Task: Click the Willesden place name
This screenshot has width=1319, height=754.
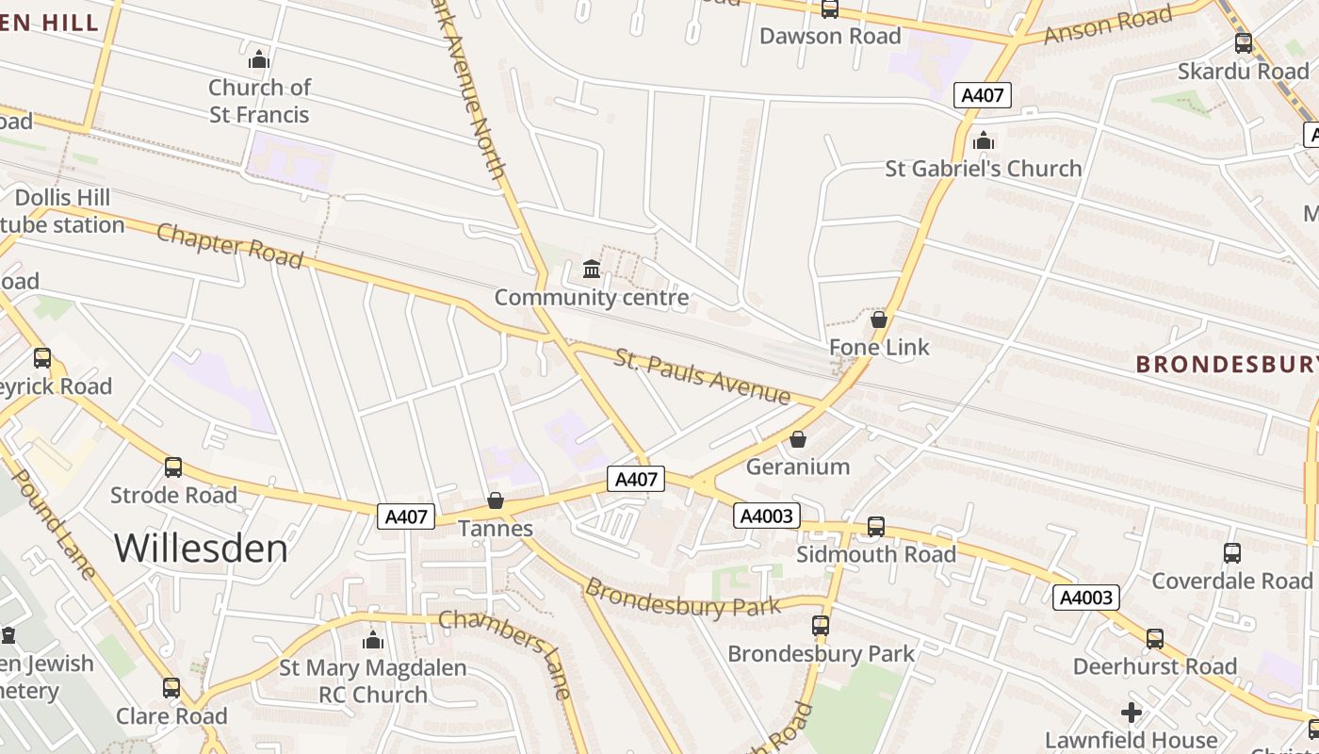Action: click(x=201, y=549)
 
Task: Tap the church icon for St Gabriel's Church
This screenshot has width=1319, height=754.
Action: click(x=984, y=141)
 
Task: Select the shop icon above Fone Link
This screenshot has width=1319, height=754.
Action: click(x=879, y=320)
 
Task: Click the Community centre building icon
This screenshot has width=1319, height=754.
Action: click(x=592, y=270)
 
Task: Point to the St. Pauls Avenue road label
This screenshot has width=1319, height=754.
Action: click(x=702, y=376)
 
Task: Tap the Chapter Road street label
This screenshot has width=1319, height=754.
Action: click(x=230, y=245)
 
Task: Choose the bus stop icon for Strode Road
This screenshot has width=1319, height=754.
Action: click(x=173, y=467)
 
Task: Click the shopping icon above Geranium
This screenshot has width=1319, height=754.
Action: click(x=798, y=439)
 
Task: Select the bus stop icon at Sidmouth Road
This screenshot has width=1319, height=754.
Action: click(x=876, y=527)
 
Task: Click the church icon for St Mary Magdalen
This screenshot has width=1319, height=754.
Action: click(x=373, y=641)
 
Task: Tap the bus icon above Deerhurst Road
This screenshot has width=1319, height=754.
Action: click(x=1155, y=639)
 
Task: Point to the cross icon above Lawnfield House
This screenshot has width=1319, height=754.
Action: click(x=1132, y=713)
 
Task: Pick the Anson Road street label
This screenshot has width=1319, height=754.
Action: click(x=1108, y=25)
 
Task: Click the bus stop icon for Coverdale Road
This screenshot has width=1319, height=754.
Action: click(x=1231, y=553)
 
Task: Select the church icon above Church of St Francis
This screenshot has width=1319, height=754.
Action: click(x=259, y=60)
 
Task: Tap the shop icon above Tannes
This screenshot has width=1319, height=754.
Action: click(x=496, y=500)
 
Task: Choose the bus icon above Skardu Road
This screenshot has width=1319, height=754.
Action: click(x=1244, y=43)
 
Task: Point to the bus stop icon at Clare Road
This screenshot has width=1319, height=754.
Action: click(x=171, y=688)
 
